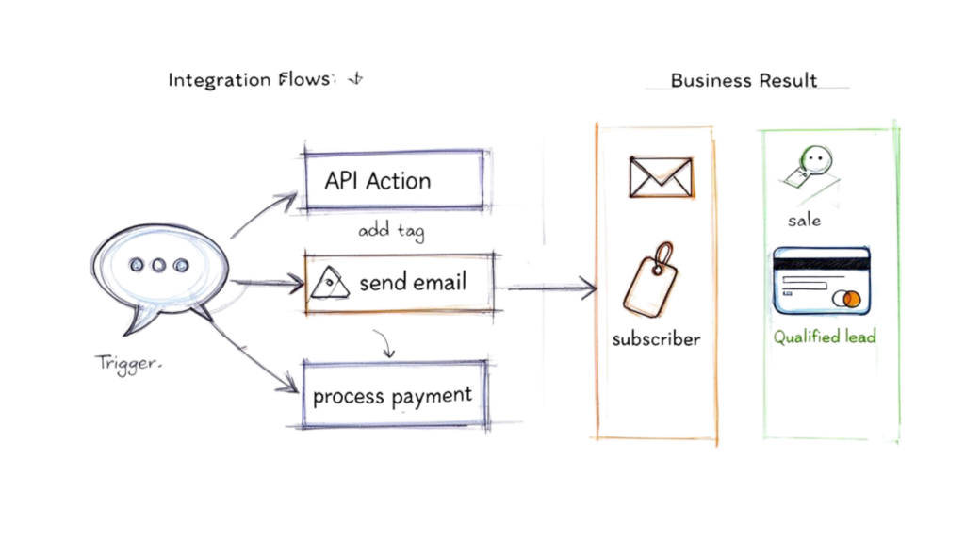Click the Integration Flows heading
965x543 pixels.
(x=250, y=80)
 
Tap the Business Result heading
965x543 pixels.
(x=744, y=81)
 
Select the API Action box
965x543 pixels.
(x=393, y=180)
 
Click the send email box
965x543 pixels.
(x=399, y=282)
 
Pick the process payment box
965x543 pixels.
(x=393, y=395)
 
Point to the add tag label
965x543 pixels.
(x=390, y=230)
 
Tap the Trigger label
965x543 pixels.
(x=127, y=363)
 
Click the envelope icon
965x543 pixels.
(x=661, y=177)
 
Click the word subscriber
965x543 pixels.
(x=656, y=339)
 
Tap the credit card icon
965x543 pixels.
(x=821, y=281)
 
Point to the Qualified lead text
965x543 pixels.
(x=825, y=337)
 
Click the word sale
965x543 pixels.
(x=804, y=221)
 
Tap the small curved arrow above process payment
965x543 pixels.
(x=384, y=345)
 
